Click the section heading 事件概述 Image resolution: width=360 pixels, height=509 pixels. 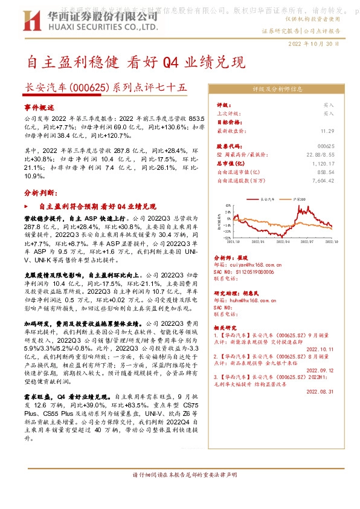(x=39, y=106)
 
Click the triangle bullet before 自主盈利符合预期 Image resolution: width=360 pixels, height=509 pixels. (x=34, y=207)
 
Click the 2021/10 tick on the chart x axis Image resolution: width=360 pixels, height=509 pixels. (x=233, y=241)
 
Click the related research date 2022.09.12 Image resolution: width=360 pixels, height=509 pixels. (x=320, y=370)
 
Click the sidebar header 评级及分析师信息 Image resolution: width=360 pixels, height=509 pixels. (x=277, y=89)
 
